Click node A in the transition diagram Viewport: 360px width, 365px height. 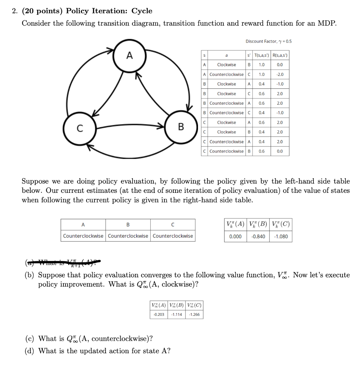130,56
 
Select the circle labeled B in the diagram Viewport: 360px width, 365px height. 181,127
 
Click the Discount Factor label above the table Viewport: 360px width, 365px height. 268,41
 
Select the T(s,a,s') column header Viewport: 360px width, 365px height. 262,55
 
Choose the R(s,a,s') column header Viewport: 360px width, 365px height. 280,55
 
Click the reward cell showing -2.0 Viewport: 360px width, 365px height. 280,74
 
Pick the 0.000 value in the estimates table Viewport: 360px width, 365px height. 235,236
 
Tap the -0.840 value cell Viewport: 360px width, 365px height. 258,236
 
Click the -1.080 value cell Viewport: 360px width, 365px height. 281,236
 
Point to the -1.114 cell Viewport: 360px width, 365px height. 177,314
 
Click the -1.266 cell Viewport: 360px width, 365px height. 194,314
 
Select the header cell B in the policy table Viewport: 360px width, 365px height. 128,225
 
